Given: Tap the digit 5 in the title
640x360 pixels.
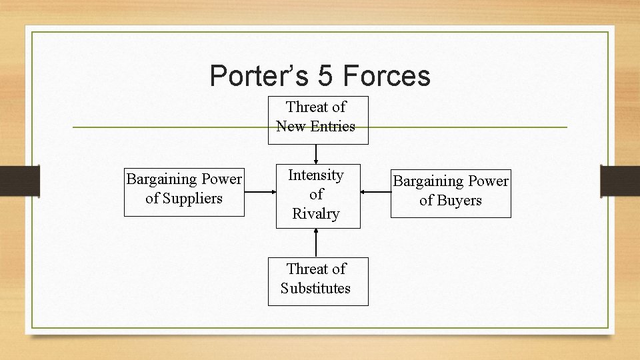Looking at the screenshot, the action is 325,76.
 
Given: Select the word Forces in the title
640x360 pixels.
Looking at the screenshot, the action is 387,76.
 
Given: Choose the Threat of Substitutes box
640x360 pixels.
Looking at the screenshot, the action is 317,279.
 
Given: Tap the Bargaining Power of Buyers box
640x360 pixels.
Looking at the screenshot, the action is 451,193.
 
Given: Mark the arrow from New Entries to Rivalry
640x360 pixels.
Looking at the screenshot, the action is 316,154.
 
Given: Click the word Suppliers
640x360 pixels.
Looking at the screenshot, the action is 184,199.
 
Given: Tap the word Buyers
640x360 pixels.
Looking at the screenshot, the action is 459,201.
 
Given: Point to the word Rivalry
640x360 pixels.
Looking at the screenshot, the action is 316,214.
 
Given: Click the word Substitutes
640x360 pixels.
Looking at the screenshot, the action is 315,289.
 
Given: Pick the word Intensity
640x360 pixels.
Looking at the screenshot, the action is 316,175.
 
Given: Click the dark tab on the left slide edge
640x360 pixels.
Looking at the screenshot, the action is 19,181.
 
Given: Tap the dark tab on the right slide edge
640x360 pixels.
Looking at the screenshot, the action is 619,181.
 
